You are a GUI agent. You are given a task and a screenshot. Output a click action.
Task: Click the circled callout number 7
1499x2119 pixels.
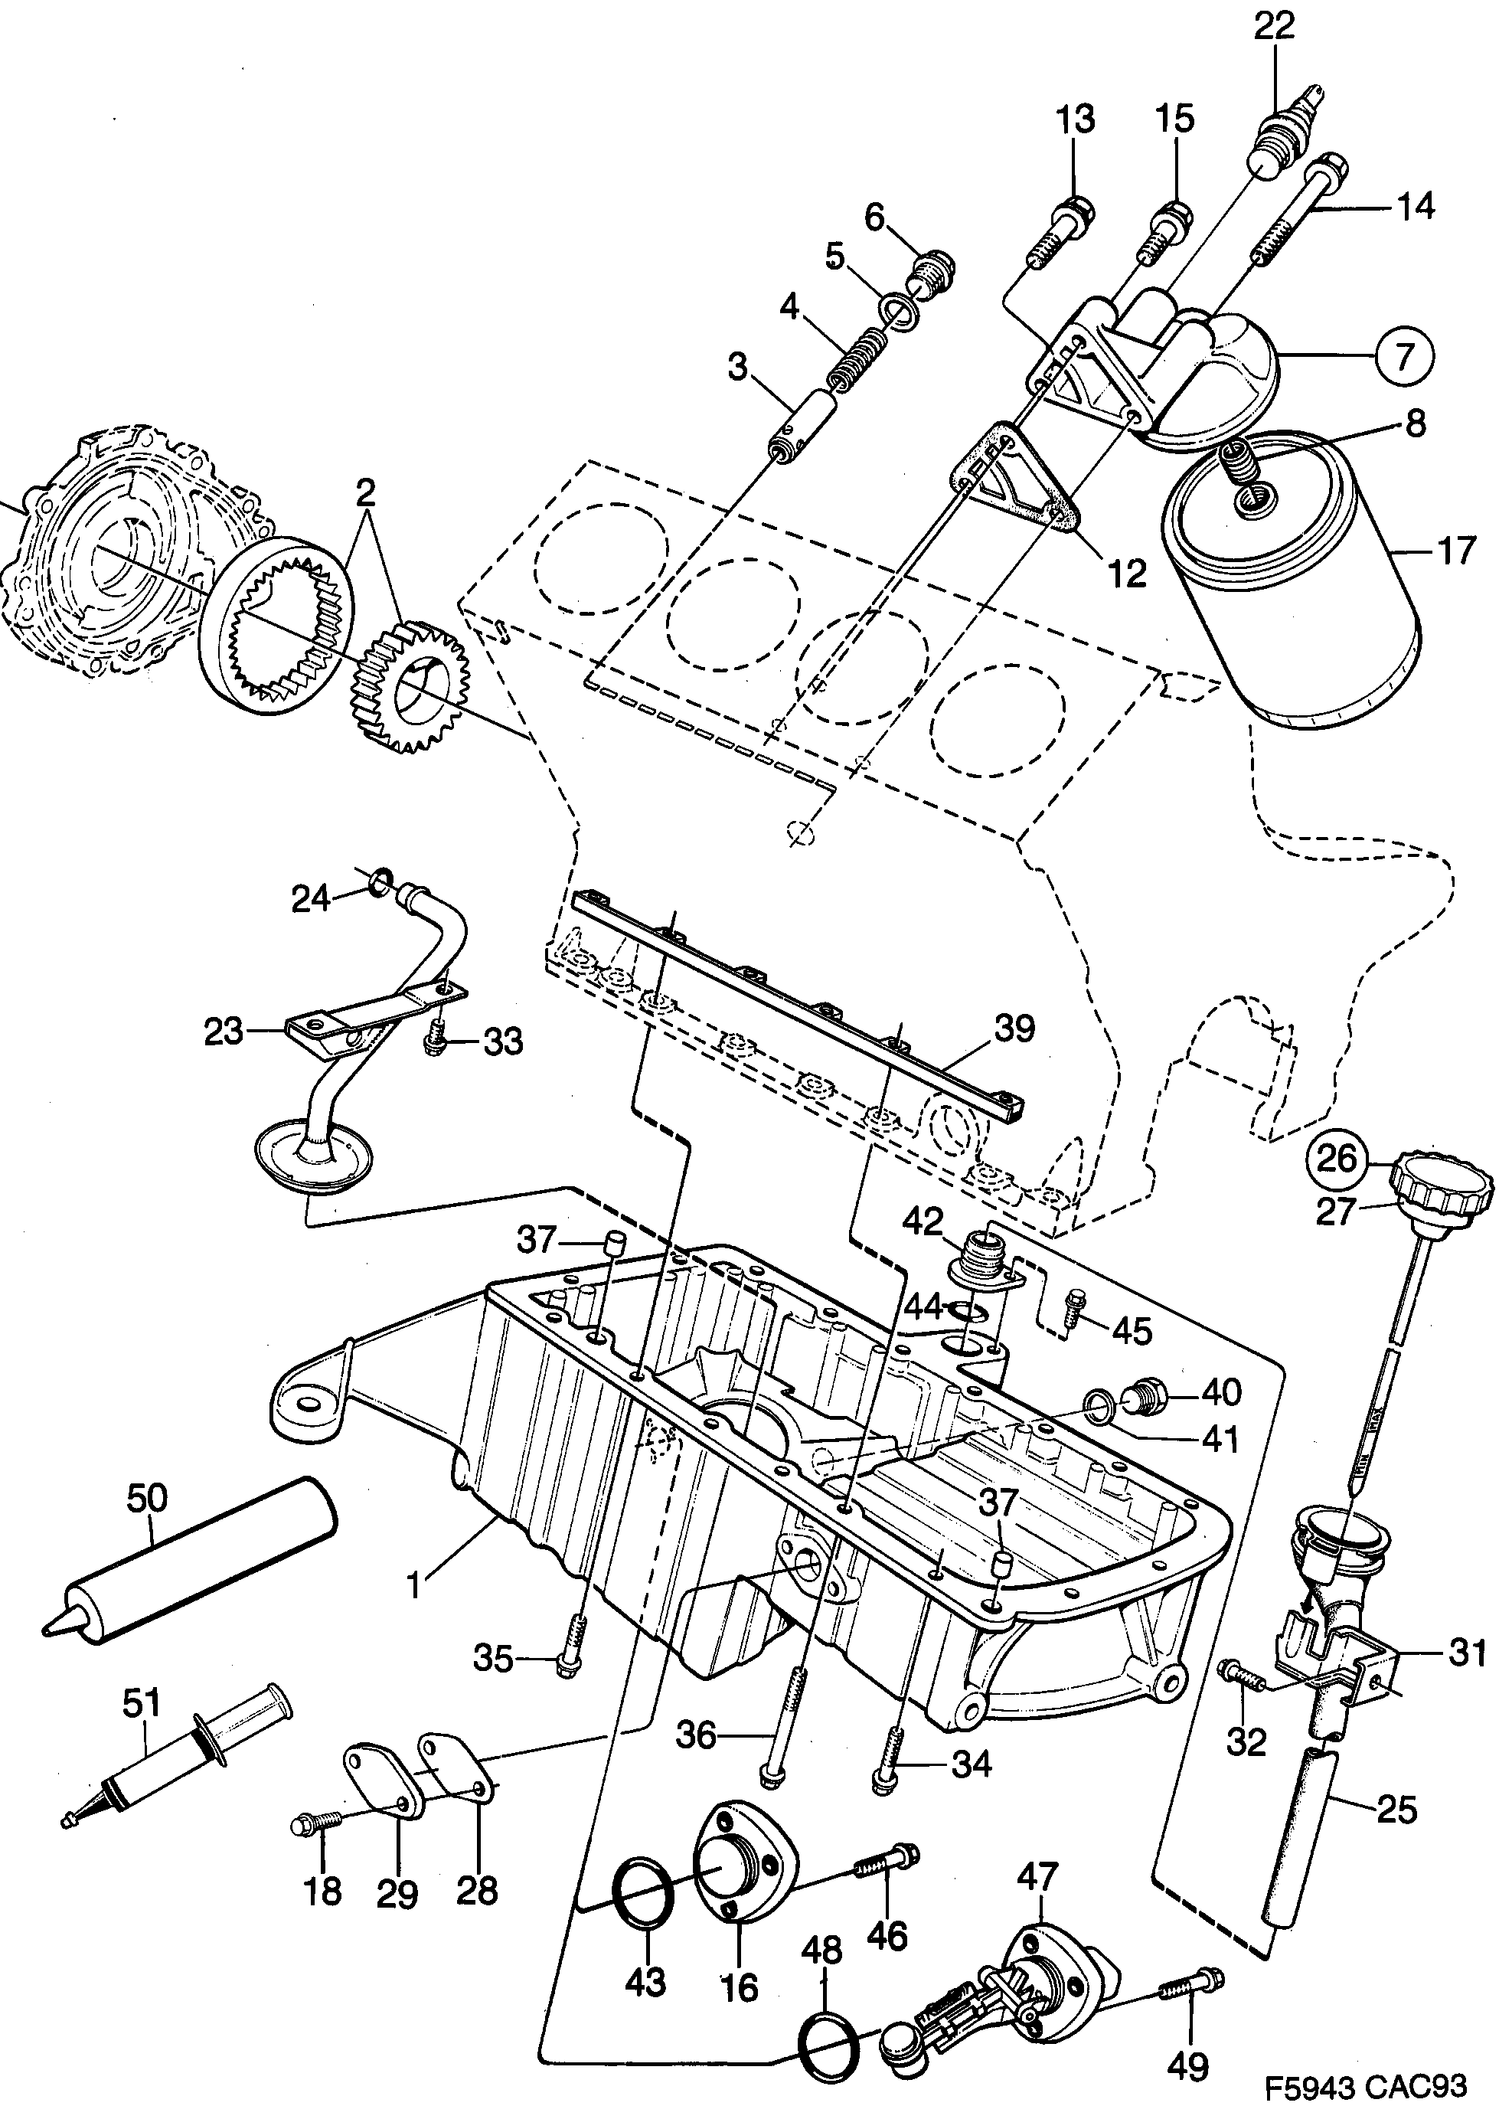[1402, 355]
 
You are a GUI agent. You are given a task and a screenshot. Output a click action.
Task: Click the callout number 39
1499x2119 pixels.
[1015, 1028]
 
